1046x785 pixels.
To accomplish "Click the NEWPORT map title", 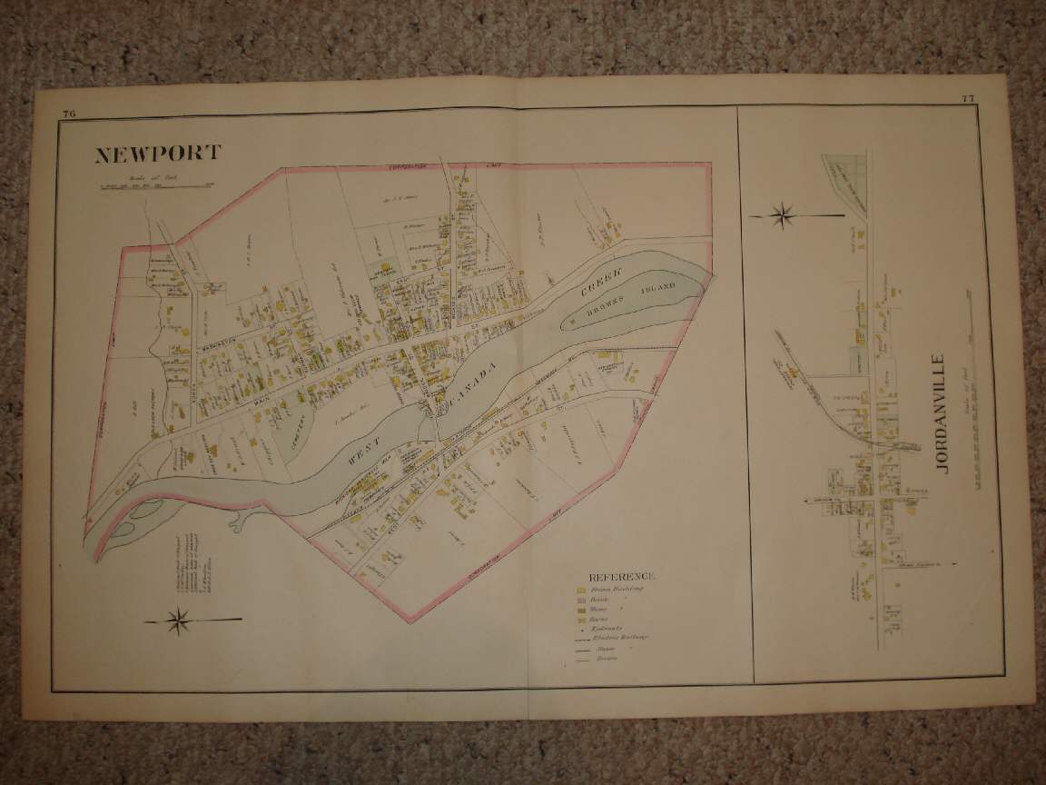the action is [x=157, y=153].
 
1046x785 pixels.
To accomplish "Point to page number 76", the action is [x=69, y=114].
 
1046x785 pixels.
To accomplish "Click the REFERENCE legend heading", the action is [x=621, y=576].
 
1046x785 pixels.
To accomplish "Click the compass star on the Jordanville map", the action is [x=782, y=215].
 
